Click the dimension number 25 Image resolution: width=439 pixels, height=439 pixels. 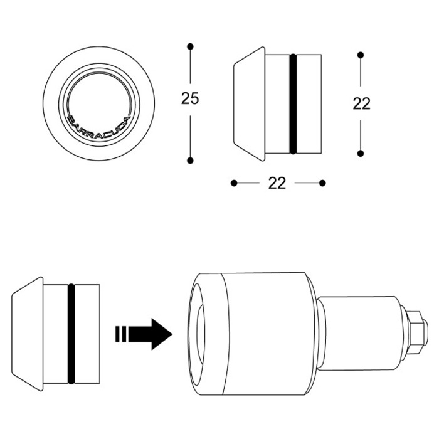click(x=189, y=99)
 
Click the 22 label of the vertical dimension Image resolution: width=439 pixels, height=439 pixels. click(x=361, y=103)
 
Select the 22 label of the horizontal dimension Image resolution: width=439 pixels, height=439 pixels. click(x=277, y=183)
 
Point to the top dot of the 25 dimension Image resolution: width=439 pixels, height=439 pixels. click(x=190, y=46)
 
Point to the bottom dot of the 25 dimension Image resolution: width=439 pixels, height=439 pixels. click(x=190, y=160)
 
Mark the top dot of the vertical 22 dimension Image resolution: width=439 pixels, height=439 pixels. click(x=361, y=55)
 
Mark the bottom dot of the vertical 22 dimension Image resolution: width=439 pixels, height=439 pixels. click(x=361, y=152)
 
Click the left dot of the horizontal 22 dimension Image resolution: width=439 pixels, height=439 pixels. click(x=233, y=183)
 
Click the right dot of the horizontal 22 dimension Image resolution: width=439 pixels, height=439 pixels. click(x=322, y=183)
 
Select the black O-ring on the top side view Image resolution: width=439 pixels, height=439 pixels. click(x=293, y=103)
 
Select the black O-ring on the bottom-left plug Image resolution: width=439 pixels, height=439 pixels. click(x=71, y=333)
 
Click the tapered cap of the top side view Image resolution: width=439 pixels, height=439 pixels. click(x=250, y=103)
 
